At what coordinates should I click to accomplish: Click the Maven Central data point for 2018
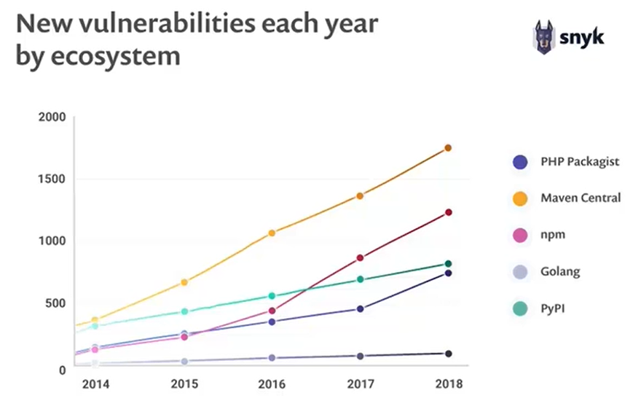tap(448, 148)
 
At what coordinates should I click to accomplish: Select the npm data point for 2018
tap(448, 212)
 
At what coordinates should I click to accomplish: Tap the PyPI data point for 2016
tap(272, 296)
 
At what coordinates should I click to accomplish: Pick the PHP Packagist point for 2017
tap(360, 309)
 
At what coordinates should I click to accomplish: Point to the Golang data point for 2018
tap(448, 354)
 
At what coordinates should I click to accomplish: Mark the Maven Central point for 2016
tap(272, 233)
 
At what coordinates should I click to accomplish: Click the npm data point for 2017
tap(360, 257)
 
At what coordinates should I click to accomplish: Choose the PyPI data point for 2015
tap(184, 311)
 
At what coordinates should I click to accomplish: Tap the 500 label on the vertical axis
tap(56, 303)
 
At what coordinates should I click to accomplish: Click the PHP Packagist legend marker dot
tap(520, 162)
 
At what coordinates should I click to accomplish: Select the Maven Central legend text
tap(581, 198)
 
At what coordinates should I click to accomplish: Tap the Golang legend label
tap(560, 272)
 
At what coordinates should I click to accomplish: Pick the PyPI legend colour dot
tap(520, 309)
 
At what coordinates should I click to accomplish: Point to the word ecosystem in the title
tap(117, 56)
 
